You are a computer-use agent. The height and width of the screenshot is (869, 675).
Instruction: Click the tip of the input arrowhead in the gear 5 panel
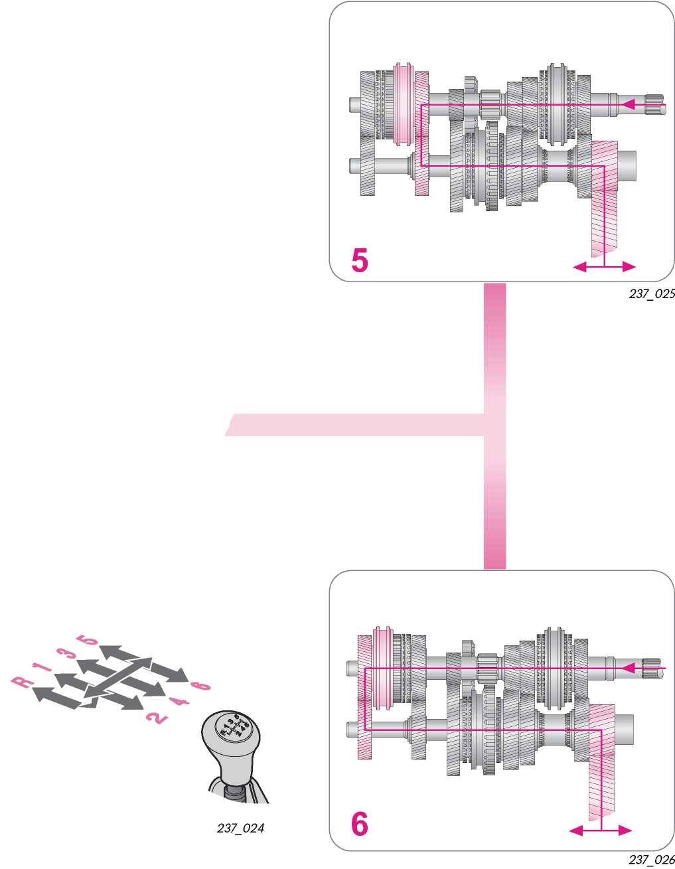point(623,105)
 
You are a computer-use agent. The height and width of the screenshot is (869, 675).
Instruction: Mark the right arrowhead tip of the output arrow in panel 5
point(636,267)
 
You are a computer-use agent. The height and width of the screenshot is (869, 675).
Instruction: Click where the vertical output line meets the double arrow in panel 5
point(605,267)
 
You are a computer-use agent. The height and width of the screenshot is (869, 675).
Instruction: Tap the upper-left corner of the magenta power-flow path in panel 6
point(365,667)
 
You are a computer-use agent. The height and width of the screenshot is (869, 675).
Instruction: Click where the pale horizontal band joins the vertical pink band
point(485,424)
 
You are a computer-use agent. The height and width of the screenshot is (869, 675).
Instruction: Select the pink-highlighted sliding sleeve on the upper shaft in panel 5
point(403,104)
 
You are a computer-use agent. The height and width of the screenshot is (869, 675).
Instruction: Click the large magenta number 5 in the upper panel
point(360,260)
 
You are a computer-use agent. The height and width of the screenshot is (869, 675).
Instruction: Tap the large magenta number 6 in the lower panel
point(359,825)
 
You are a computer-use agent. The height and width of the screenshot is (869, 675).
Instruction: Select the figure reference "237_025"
point(652,294)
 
